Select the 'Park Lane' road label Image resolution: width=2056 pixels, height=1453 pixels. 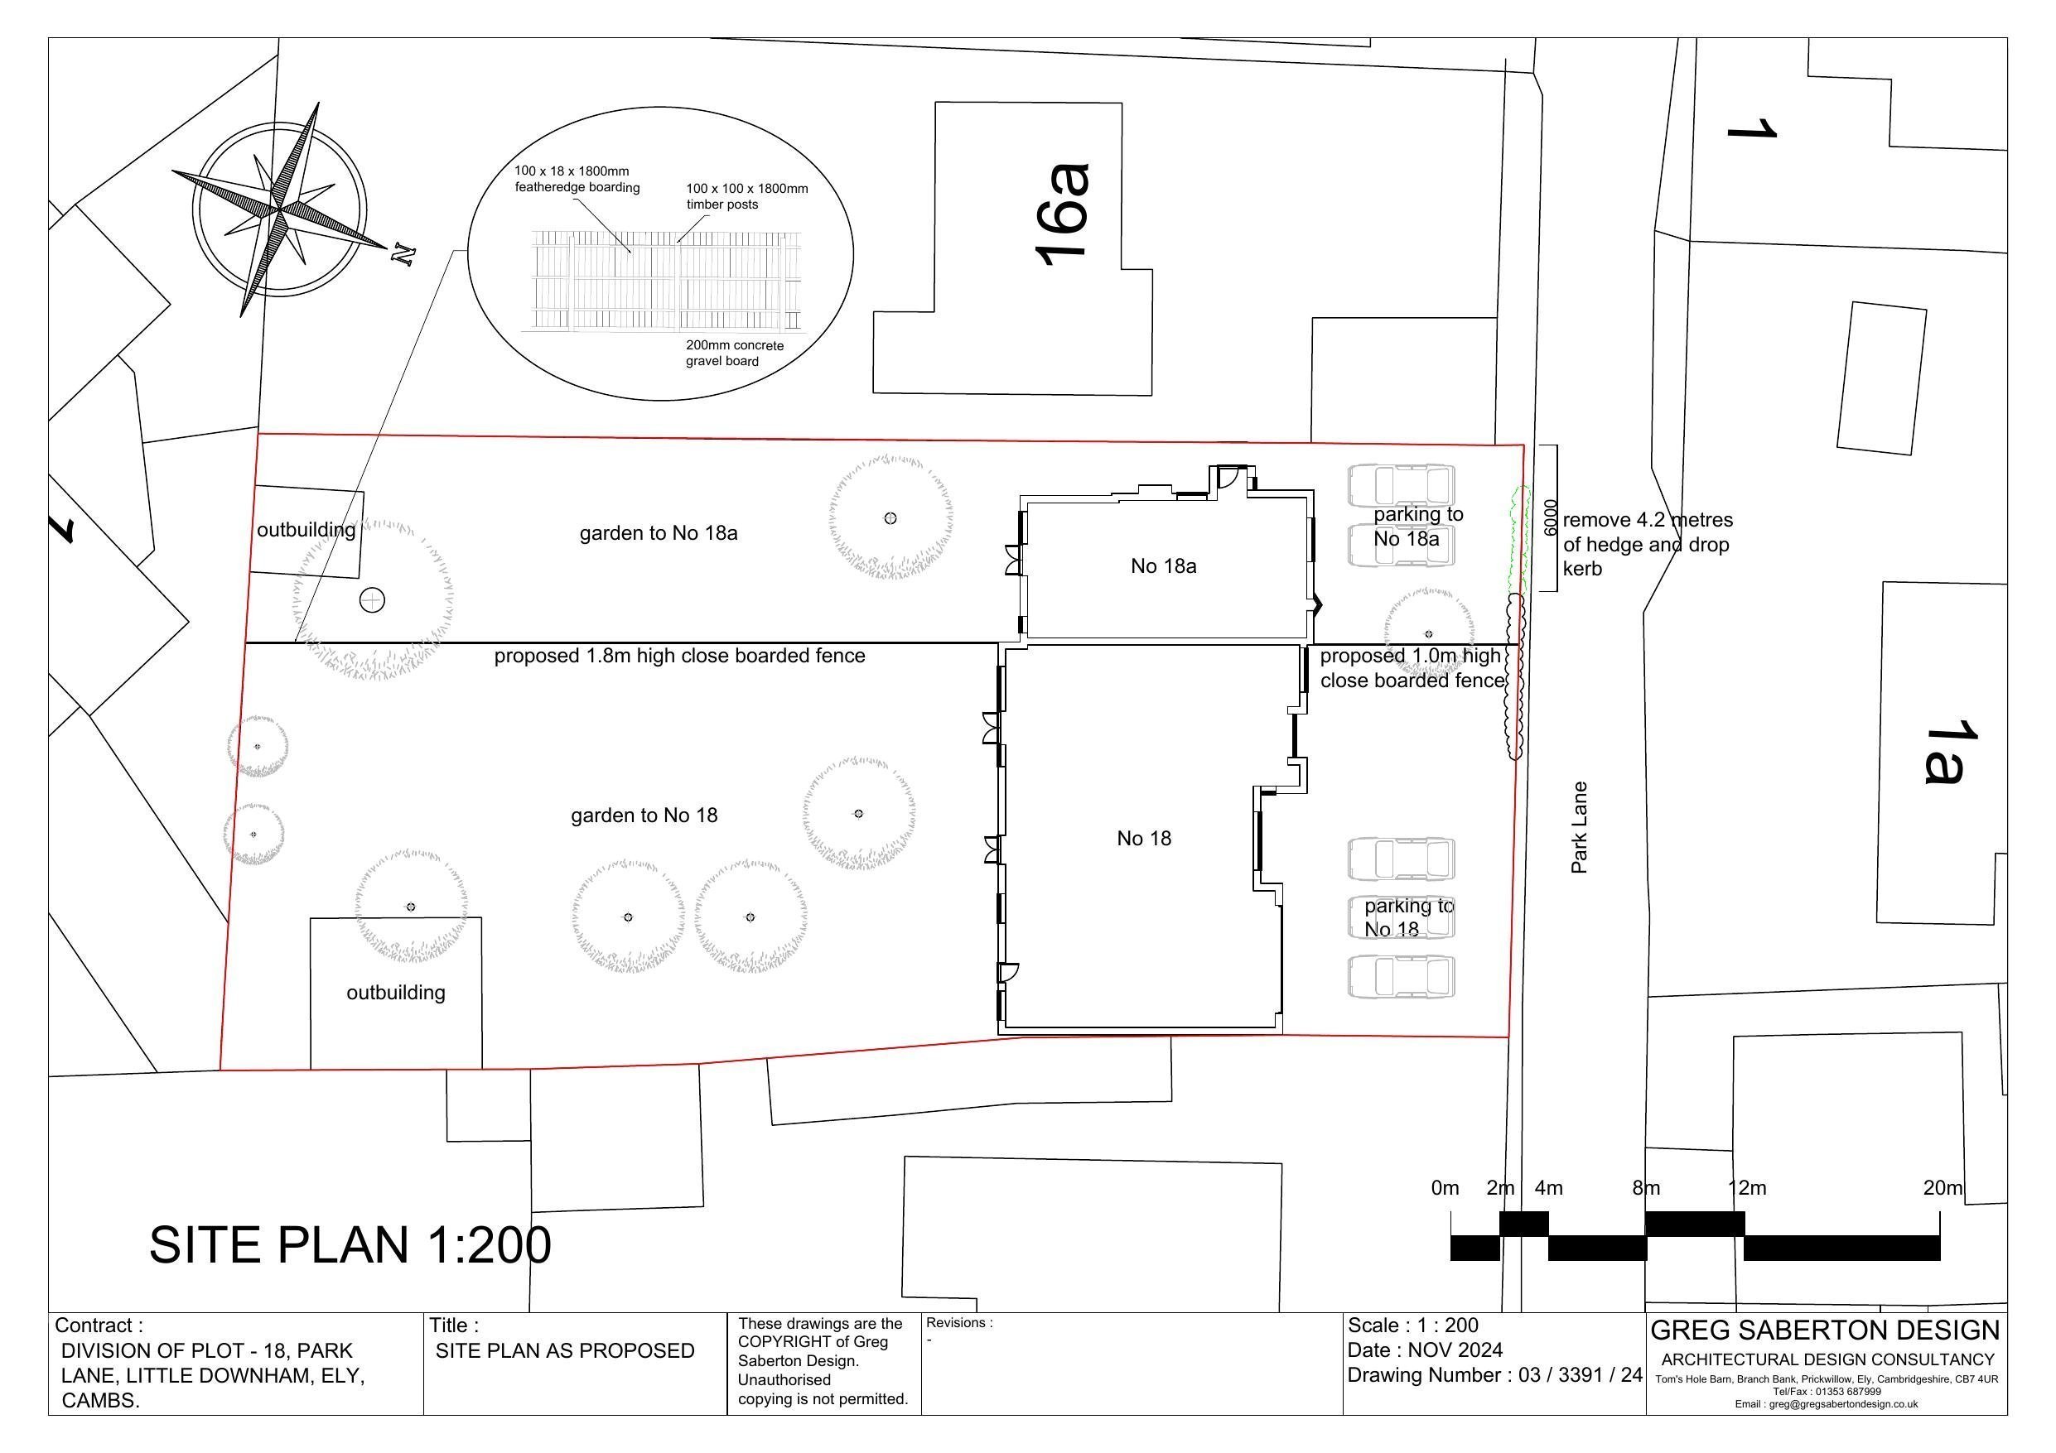click(1579, 827)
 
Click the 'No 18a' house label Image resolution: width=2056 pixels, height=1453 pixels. click(1163, 565)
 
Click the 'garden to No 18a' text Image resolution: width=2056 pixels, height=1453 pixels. click(659, 533)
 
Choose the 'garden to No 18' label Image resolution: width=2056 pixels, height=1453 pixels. click(644, 816)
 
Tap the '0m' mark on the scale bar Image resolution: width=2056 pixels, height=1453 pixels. click(1445, 1188)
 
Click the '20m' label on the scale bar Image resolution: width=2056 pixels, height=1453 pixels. click(1943, 1188)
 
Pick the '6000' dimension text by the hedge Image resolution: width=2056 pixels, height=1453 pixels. click(1551, 518)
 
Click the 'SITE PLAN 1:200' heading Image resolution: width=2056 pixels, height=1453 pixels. click(350, 1244)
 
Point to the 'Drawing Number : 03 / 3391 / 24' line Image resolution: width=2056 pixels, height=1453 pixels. click(1494, 1375)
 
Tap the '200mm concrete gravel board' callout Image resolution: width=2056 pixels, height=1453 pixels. click(734, 354)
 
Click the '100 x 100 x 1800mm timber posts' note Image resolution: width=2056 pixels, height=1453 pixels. click(747, 196)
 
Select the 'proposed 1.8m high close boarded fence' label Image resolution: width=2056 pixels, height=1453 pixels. click(679, 657)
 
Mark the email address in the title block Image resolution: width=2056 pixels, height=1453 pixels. click(1826, 1404)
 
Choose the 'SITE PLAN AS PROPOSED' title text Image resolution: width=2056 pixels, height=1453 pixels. click(565, 1351)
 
